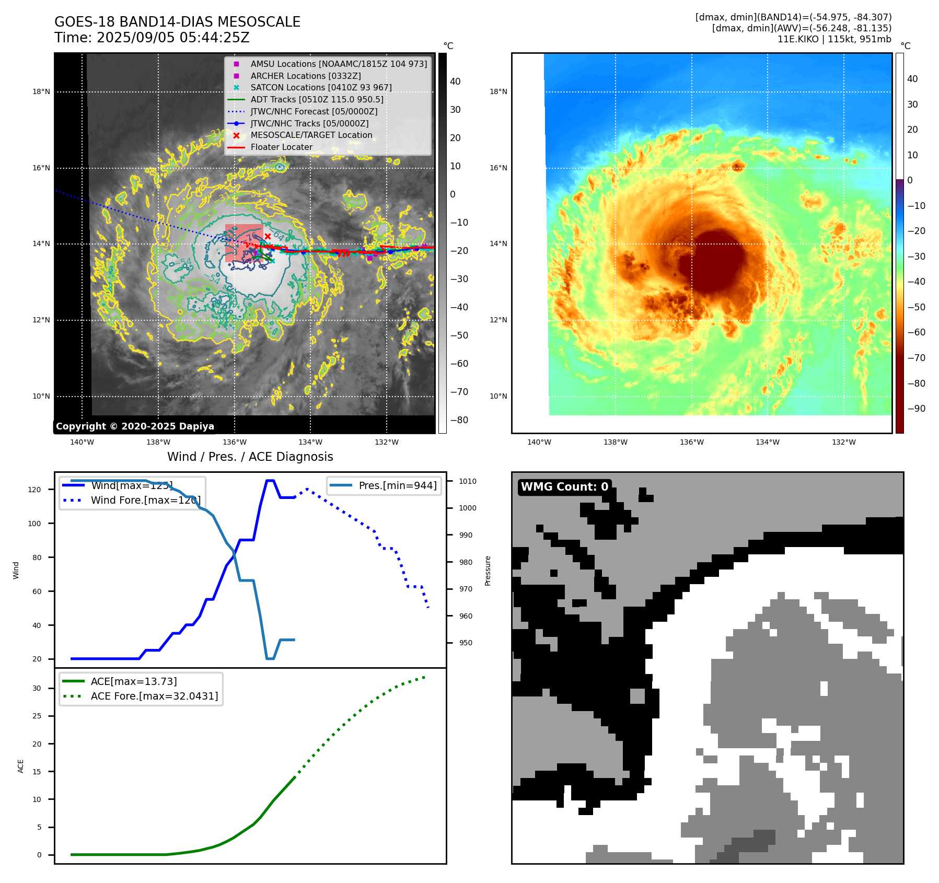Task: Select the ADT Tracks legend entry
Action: click(317, 99)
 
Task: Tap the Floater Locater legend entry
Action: click(281, 147)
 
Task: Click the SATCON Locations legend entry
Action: click(321, 88)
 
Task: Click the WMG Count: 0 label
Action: click(564, 487)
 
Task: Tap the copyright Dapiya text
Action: click(135, 426)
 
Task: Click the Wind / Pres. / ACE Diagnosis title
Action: click(250, 457)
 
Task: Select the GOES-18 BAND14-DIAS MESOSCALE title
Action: click(177, 22)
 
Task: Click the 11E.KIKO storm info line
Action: click(834, 39)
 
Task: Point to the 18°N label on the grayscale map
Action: click(41, 92)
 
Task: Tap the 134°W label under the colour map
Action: click(767, 443)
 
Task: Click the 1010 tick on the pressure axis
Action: click(468, 481)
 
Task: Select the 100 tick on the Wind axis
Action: click(34, 524)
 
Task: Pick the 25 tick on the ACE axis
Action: click(37, 716)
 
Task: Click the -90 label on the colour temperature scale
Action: click(916, 409)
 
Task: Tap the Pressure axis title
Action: click(488, 571)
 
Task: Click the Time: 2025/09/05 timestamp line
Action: click(152, 38)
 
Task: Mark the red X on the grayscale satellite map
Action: click(268, 237)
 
